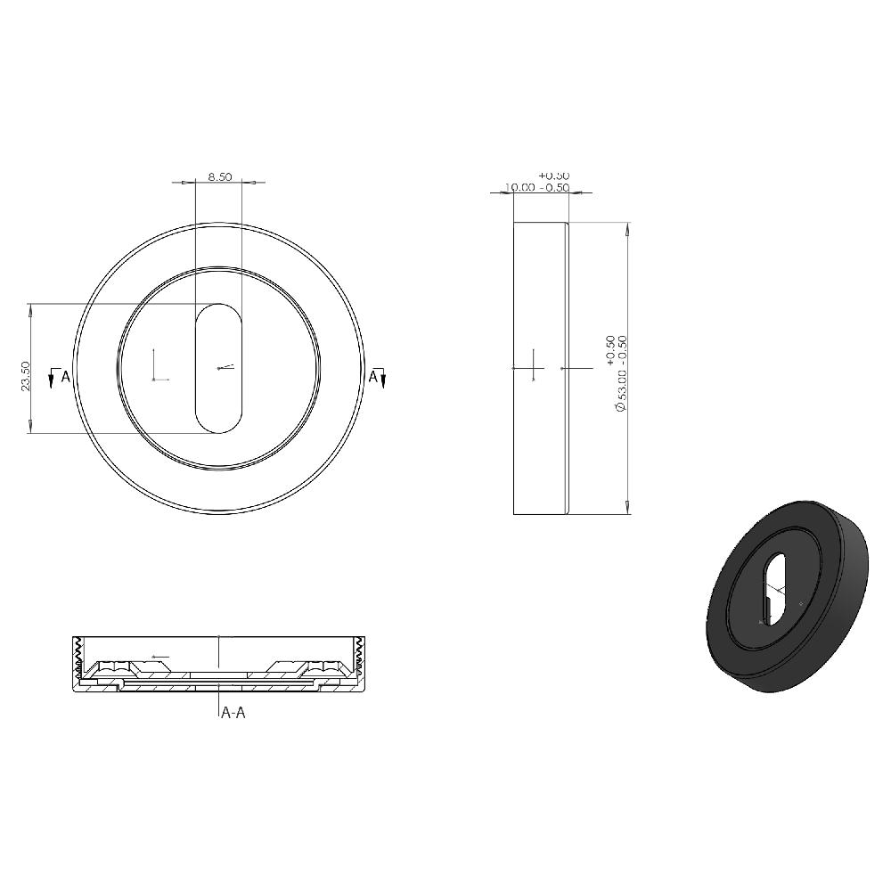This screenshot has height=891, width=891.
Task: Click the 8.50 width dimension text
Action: [x=220, y=176]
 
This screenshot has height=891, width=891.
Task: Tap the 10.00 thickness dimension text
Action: [x=520, y=187]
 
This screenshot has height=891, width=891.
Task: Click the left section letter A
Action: [x=65, y=377]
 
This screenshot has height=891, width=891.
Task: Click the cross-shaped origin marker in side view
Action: [x=532, y=367]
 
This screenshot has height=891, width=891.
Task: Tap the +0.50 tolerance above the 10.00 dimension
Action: [x=554, y=176]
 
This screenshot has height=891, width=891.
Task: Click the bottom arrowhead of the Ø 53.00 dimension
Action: [x=628, y=508]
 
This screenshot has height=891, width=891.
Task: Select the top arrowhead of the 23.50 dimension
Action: [x=31, y=309]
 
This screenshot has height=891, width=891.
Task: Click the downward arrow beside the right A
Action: [x=383, y=380]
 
